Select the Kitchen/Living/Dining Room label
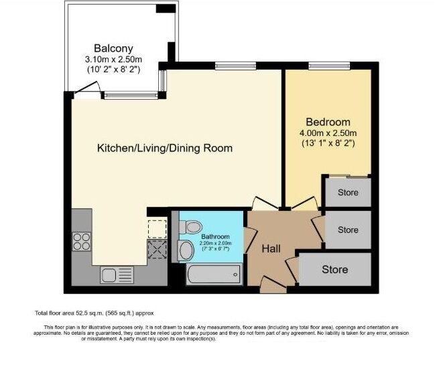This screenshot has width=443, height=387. coord(165,148)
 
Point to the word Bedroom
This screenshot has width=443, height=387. coord(328,122)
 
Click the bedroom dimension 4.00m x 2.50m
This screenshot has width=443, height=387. coord(328,133)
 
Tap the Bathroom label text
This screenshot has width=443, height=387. coord(216,237)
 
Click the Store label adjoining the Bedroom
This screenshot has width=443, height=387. coord(347,193)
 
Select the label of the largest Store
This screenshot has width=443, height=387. coord(334,270)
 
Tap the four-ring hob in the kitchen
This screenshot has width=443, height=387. coord(81,240)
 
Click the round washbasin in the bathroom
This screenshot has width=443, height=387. coord(187,251)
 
